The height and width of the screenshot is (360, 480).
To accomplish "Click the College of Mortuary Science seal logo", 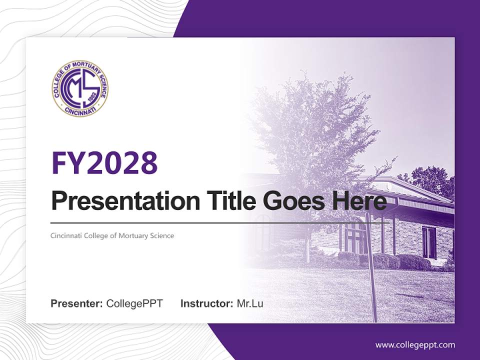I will [x=80, y=88].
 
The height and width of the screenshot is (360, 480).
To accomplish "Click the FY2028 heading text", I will [x=104, y=163].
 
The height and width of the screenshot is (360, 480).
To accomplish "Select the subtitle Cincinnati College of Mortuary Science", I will [x=112, y=235].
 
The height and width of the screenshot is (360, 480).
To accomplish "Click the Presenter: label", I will [x=77, y=303].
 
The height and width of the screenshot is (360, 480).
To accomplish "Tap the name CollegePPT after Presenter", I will [x=134, y=303].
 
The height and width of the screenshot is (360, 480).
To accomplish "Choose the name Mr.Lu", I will [x=250, y=303].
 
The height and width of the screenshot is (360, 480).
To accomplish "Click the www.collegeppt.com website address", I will [x=415, y=345].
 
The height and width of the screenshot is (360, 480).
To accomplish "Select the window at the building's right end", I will [x=429, y=242].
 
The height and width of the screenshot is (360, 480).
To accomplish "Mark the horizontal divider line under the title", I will [x=200, y=223].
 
